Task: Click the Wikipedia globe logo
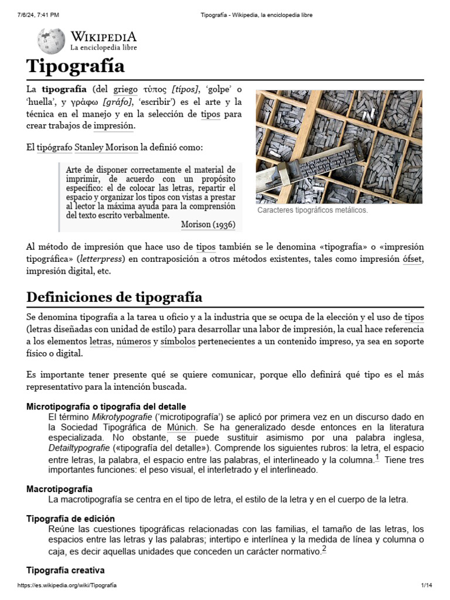[51, 40]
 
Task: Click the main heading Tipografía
[76, 66]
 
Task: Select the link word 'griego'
[125, 89]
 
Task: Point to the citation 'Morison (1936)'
[207, 224]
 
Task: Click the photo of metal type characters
[339, 146]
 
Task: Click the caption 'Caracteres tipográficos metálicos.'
[312, 210]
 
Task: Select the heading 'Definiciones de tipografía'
[114, 296]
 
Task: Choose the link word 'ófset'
[412, 259]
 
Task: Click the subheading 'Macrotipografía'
[60, 489]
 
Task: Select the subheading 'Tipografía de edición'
[71, 519]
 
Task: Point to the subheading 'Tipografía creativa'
[66, 570]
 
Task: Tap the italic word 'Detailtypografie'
[79, 448]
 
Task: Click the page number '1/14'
[426, 585]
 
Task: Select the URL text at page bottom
[67, 585]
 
